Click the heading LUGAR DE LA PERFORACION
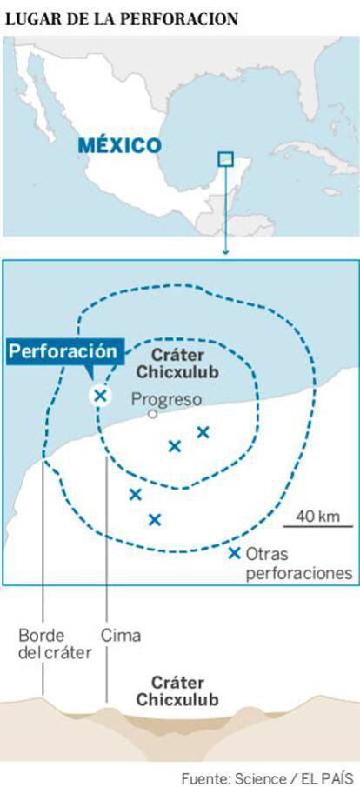[x=121, y=18]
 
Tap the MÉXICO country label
[x=119, y=145]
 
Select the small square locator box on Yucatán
[x=225, y=158]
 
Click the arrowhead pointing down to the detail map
[x=225, y=252]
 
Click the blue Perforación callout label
[x=66, y=351]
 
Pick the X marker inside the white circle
[x=100, y=396]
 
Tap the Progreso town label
[x=167, y=399]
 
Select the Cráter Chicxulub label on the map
[x=170, y=363]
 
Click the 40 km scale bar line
[x=317, y=526]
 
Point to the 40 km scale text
[x=317, y=516]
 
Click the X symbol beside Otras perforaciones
[x=234, y=554]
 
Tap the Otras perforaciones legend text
[x=299, y=564]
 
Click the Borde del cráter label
[x=56, y=644]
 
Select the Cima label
[x=121, y=636]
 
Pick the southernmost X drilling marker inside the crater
[x=155, y=520]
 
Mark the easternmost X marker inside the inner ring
[x=203, y=432]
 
